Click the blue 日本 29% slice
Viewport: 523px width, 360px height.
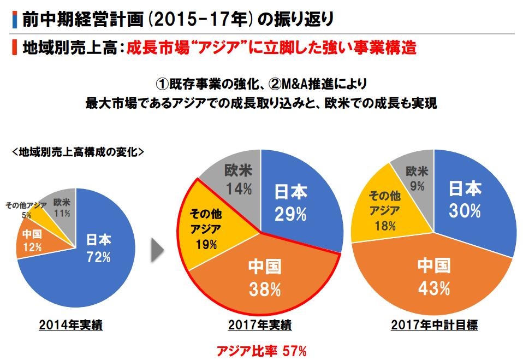(298, 202)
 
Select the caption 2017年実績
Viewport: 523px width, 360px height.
(260, 326)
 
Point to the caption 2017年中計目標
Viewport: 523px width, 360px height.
(435, 326)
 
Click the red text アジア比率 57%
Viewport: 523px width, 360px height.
(261, 350)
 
